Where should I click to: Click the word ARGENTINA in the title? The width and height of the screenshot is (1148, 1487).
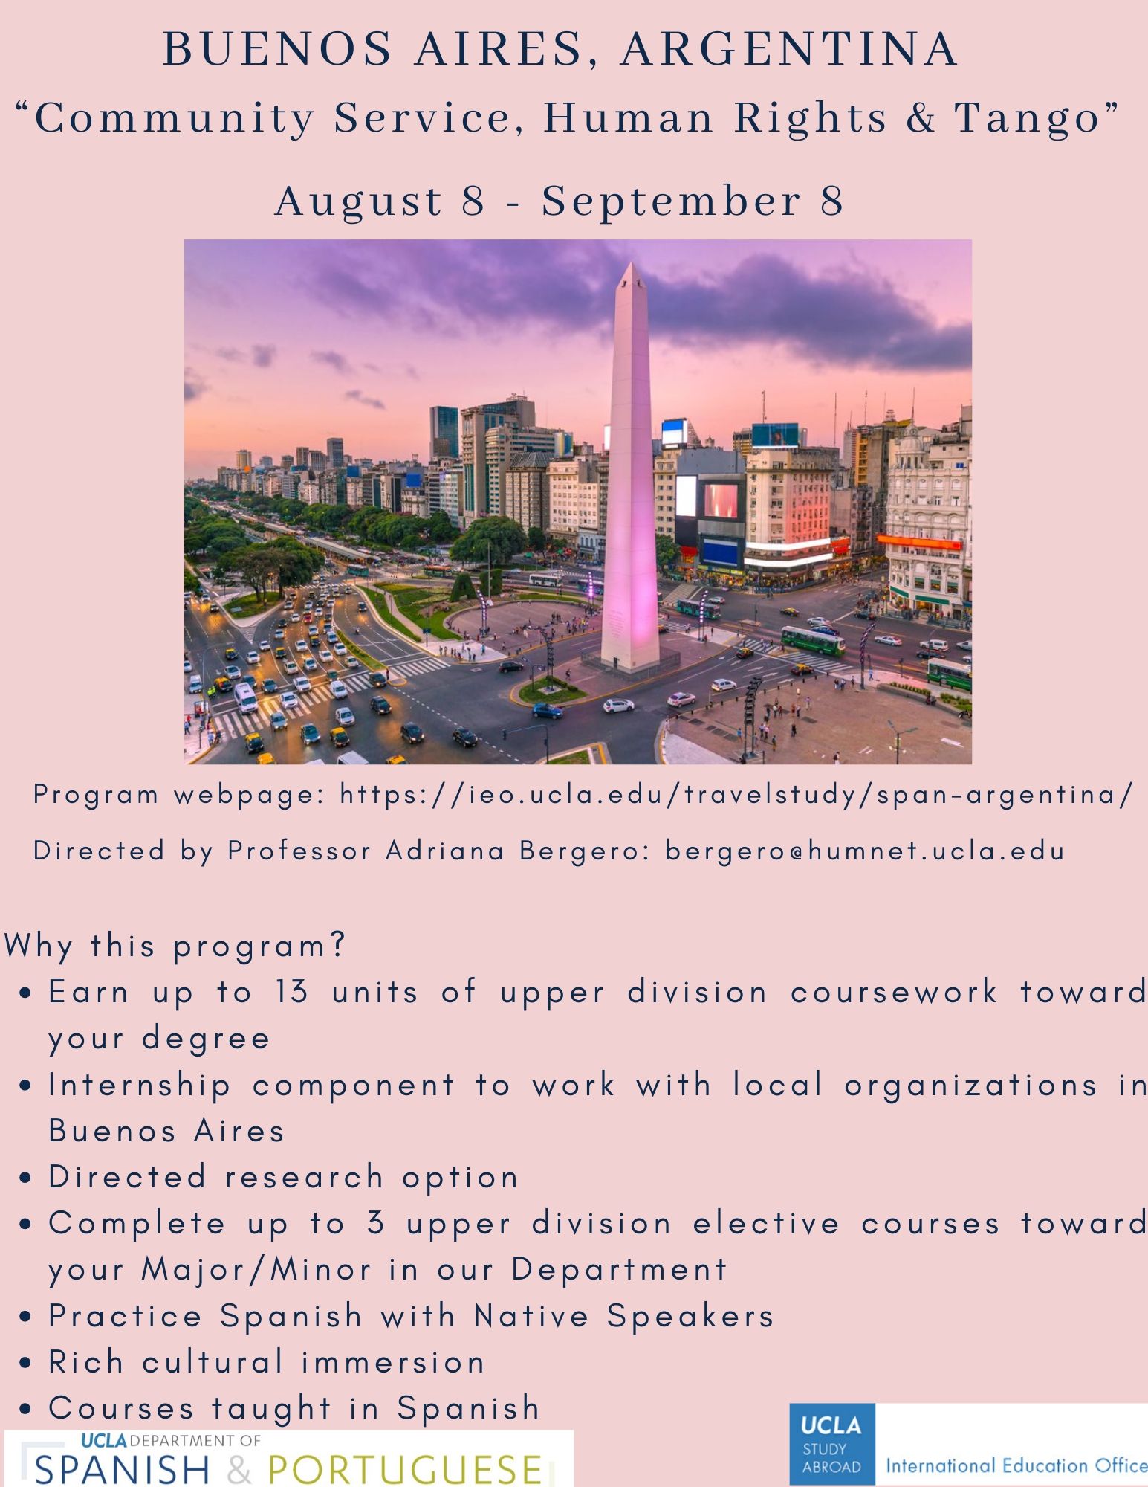pyautogui.click(x=789, y=49)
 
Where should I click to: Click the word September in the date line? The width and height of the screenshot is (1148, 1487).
pyautogui.click(x=671, y=202)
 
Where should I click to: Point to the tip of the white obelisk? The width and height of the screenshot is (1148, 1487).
pyautogui.click(x=631, y=262)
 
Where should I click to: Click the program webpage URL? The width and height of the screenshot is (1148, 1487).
pyautogui.click(x=736, y=795)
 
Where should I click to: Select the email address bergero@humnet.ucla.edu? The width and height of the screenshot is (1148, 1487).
pyautogui.click(x=865, y=851)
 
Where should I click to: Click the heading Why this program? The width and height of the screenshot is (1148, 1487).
pyautogui.click(x=175, y=946)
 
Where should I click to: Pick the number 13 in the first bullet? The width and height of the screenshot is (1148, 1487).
pyautogui.click(x=291, y=992)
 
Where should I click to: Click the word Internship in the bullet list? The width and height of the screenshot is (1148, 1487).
pyautogui.click(x=140, y=1086)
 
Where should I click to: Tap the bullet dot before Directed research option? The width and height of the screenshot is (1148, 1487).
pyautogui.click(x=27, y=1178)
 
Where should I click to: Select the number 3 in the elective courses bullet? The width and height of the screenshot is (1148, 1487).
pyautogui.click(x=376, y=1224)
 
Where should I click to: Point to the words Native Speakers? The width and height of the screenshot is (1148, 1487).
pyautogui.click(x=624, y=1316)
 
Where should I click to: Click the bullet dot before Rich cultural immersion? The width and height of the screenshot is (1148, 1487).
pyautogui.click(x=27, y=1364)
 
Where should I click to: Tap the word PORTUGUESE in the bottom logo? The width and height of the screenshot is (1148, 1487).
pyautogui.click(x=405, y=1469)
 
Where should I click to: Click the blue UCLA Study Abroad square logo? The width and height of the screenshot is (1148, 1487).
pyautogui.click(x=832, y=1444)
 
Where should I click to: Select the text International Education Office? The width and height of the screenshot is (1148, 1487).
pyautogui.click(x=1016, y=1465)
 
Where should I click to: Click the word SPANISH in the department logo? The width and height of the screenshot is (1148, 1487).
pyautogui.click(x=122, y=1469)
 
